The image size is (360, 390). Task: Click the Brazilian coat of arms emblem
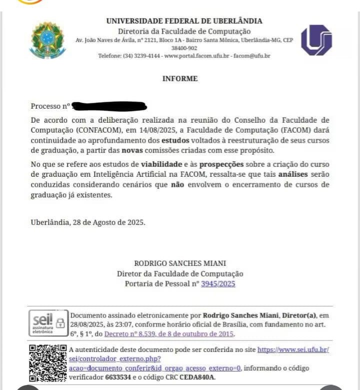point(47,40)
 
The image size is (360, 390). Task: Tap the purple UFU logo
point(316,40)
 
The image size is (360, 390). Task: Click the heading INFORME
point(180,79)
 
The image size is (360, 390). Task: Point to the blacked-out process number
point(109,106)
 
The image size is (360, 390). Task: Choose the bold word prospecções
point(221,164)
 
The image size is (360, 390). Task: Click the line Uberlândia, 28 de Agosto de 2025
point(88,222)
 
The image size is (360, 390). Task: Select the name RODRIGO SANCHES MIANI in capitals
point(180,263)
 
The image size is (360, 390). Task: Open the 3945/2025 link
point(218,284)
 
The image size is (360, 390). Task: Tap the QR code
point(47,363)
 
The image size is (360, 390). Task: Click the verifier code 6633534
point(119,377)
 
